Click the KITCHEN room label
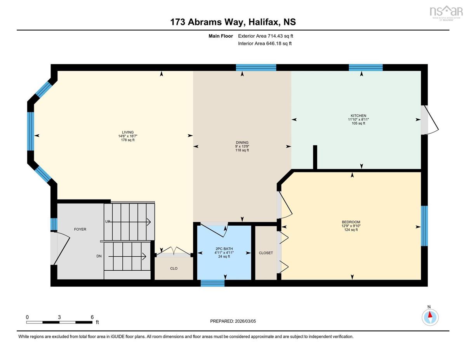pos(358,116)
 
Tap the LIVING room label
pos(128,132)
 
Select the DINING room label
pos(242,143)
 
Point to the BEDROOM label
pos(351,222)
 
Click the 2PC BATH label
pos(224,249)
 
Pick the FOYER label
pos(80,229)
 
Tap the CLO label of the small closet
pos(174,268)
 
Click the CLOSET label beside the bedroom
pos(266,253)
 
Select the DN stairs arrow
pos(127,256)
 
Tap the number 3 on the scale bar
pos(59,317)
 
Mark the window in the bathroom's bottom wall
pos(212,283)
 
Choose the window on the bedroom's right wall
pos(424,226)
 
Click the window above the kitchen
pos(366,68)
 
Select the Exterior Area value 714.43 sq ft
pos(280,36)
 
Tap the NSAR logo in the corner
pos(445,13)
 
